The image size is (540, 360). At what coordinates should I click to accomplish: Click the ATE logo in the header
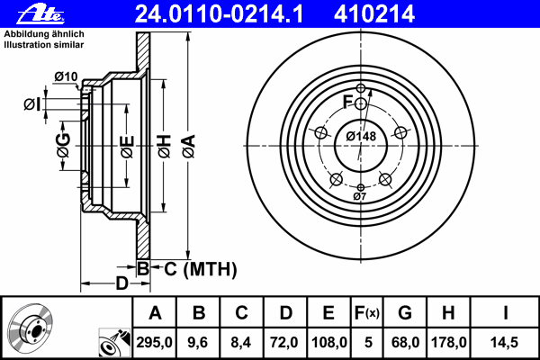[40, 14]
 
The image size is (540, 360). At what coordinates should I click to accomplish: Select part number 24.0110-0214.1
[219, 14]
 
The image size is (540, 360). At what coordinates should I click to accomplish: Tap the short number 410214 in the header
[374, 14]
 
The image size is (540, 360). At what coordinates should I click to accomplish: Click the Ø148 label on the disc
[361, 137]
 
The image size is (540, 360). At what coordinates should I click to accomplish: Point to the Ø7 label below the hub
[359, 197]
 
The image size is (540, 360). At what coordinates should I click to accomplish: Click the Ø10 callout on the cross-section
[66, 76]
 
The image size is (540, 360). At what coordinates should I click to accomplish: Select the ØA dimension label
[189, 146]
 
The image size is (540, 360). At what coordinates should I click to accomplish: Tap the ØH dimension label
[165, 146]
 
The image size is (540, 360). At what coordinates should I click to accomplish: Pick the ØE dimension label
[127, 147]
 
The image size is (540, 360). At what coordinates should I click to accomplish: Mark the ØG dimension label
[64, 145]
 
